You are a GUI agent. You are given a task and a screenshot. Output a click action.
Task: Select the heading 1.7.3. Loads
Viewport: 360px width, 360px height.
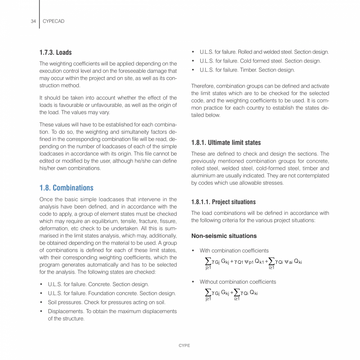tap(55, 52)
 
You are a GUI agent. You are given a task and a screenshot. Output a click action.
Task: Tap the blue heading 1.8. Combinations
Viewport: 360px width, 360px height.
tap(66, 187)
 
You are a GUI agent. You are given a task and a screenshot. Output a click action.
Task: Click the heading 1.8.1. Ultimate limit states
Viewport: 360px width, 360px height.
tap(226, 142)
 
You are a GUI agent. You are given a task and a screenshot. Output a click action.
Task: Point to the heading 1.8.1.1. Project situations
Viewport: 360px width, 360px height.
tap(223, 202)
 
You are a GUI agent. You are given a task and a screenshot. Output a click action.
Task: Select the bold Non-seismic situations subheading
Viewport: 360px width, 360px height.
tap(224, 236)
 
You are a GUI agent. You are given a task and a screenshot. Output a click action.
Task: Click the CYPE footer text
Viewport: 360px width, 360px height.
tap(184, 346)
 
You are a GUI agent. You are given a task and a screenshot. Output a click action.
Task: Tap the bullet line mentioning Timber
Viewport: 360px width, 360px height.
tap(247, 70)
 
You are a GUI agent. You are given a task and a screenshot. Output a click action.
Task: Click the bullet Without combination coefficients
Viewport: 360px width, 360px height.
tap(238, 282)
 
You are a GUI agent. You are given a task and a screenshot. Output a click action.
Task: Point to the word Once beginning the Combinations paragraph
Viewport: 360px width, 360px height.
tap(47, 200)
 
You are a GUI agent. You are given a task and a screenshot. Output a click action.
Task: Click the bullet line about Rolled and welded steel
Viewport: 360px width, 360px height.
tap(264, 52)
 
